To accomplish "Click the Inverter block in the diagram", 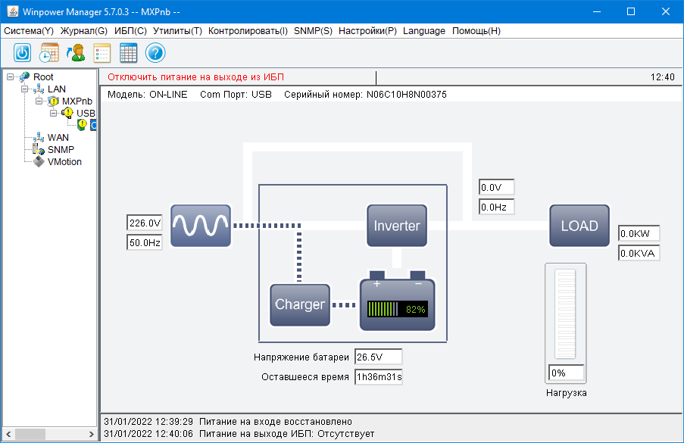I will tap(396, 226).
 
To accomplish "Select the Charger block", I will tap(300, 304).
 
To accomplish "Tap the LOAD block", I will tap(579, 226).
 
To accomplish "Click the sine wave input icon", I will tap(200, 226).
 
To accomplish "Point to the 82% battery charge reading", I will tap(416, 310).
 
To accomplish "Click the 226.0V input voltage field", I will tap(145, 223).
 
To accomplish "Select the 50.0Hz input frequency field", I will tap(145, 242).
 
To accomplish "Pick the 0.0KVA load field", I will tap(639, 253).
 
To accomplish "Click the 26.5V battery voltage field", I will tap(378, 357).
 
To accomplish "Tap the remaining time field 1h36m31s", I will tap(378, 376).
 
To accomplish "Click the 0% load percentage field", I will tap(567, 373).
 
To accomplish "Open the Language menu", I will tap(424, 31).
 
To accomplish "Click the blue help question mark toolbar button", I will tap(155, 53).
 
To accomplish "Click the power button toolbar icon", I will tap(23, 53).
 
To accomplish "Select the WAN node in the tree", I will tap(58, 138).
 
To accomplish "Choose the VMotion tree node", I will tap(64, 162).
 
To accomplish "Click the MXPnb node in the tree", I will tap(77, 101).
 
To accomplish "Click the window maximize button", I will tap(631, 11).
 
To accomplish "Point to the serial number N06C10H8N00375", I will tap(407, 95).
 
